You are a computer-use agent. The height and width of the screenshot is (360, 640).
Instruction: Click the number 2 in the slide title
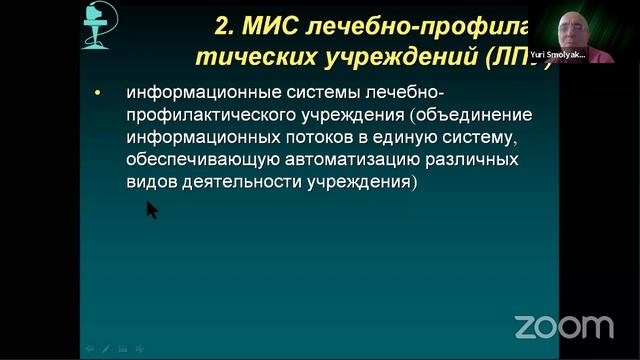click(223, 23)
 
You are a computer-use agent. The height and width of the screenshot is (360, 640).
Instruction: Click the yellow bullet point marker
click(97, 94)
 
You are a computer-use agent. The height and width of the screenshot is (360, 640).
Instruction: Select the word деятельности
click(233, 183)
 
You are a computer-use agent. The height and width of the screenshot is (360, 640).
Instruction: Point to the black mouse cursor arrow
click(151, 208)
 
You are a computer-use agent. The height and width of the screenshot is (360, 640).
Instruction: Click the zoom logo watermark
click(563, 326)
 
